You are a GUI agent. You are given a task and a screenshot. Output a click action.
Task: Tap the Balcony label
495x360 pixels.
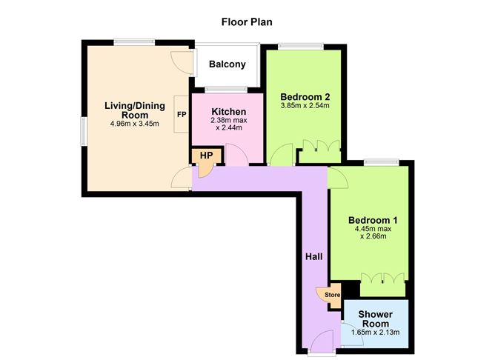click(227, 64)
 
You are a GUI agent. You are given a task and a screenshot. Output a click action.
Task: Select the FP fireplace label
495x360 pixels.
click(181, 116)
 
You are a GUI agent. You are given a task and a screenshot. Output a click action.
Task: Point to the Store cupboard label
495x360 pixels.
click(333, 296)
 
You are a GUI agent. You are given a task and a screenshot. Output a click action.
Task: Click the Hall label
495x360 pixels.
click(313, 256)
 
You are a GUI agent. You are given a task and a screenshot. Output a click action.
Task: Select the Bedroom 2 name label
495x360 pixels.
click(305, 96)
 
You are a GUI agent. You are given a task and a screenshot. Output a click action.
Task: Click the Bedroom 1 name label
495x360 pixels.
click(373, 220)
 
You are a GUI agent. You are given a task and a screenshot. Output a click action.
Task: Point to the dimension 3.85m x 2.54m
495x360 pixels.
click(305, 106)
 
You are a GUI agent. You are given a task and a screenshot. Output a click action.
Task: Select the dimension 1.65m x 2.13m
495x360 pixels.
click(375, 333)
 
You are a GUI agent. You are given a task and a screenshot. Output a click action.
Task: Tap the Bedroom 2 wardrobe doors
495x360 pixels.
click(320, 147)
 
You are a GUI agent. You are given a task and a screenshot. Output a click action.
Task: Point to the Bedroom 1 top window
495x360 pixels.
click(381, 161)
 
